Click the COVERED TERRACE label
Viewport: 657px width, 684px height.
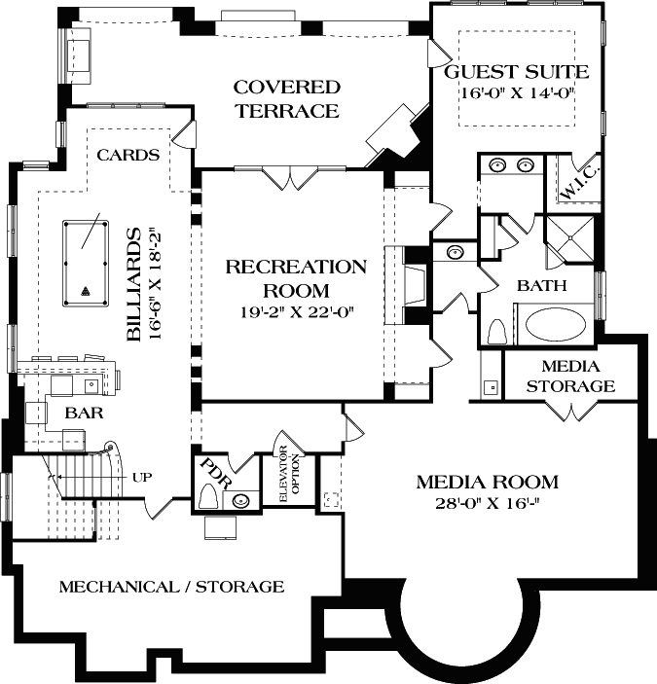click(285, 99)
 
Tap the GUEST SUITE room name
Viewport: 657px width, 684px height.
click(516, 72)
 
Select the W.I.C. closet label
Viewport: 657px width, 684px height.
click(580, 182)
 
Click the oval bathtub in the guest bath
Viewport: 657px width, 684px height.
click(552, 324)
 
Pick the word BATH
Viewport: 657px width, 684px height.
click(542, 286)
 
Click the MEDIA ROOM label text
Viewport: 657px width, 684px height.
click(487, 482)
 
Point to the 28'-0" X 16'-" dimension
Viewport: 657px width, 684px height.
click(487, 503)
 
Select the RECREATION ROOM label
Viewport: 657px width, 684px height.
click(296, 278)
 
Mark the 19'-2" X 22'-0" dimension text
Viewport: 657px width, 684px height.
click(296, 312)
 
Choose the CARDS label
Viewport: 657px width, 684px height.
click(128, 155)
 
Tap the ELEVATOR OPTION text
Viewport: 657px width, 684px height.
click(284, 476)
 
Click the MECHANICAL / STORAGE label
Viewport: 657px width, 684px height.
click(172, 587)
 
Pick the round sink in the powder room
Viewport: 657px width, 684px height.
click(241, 502)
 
